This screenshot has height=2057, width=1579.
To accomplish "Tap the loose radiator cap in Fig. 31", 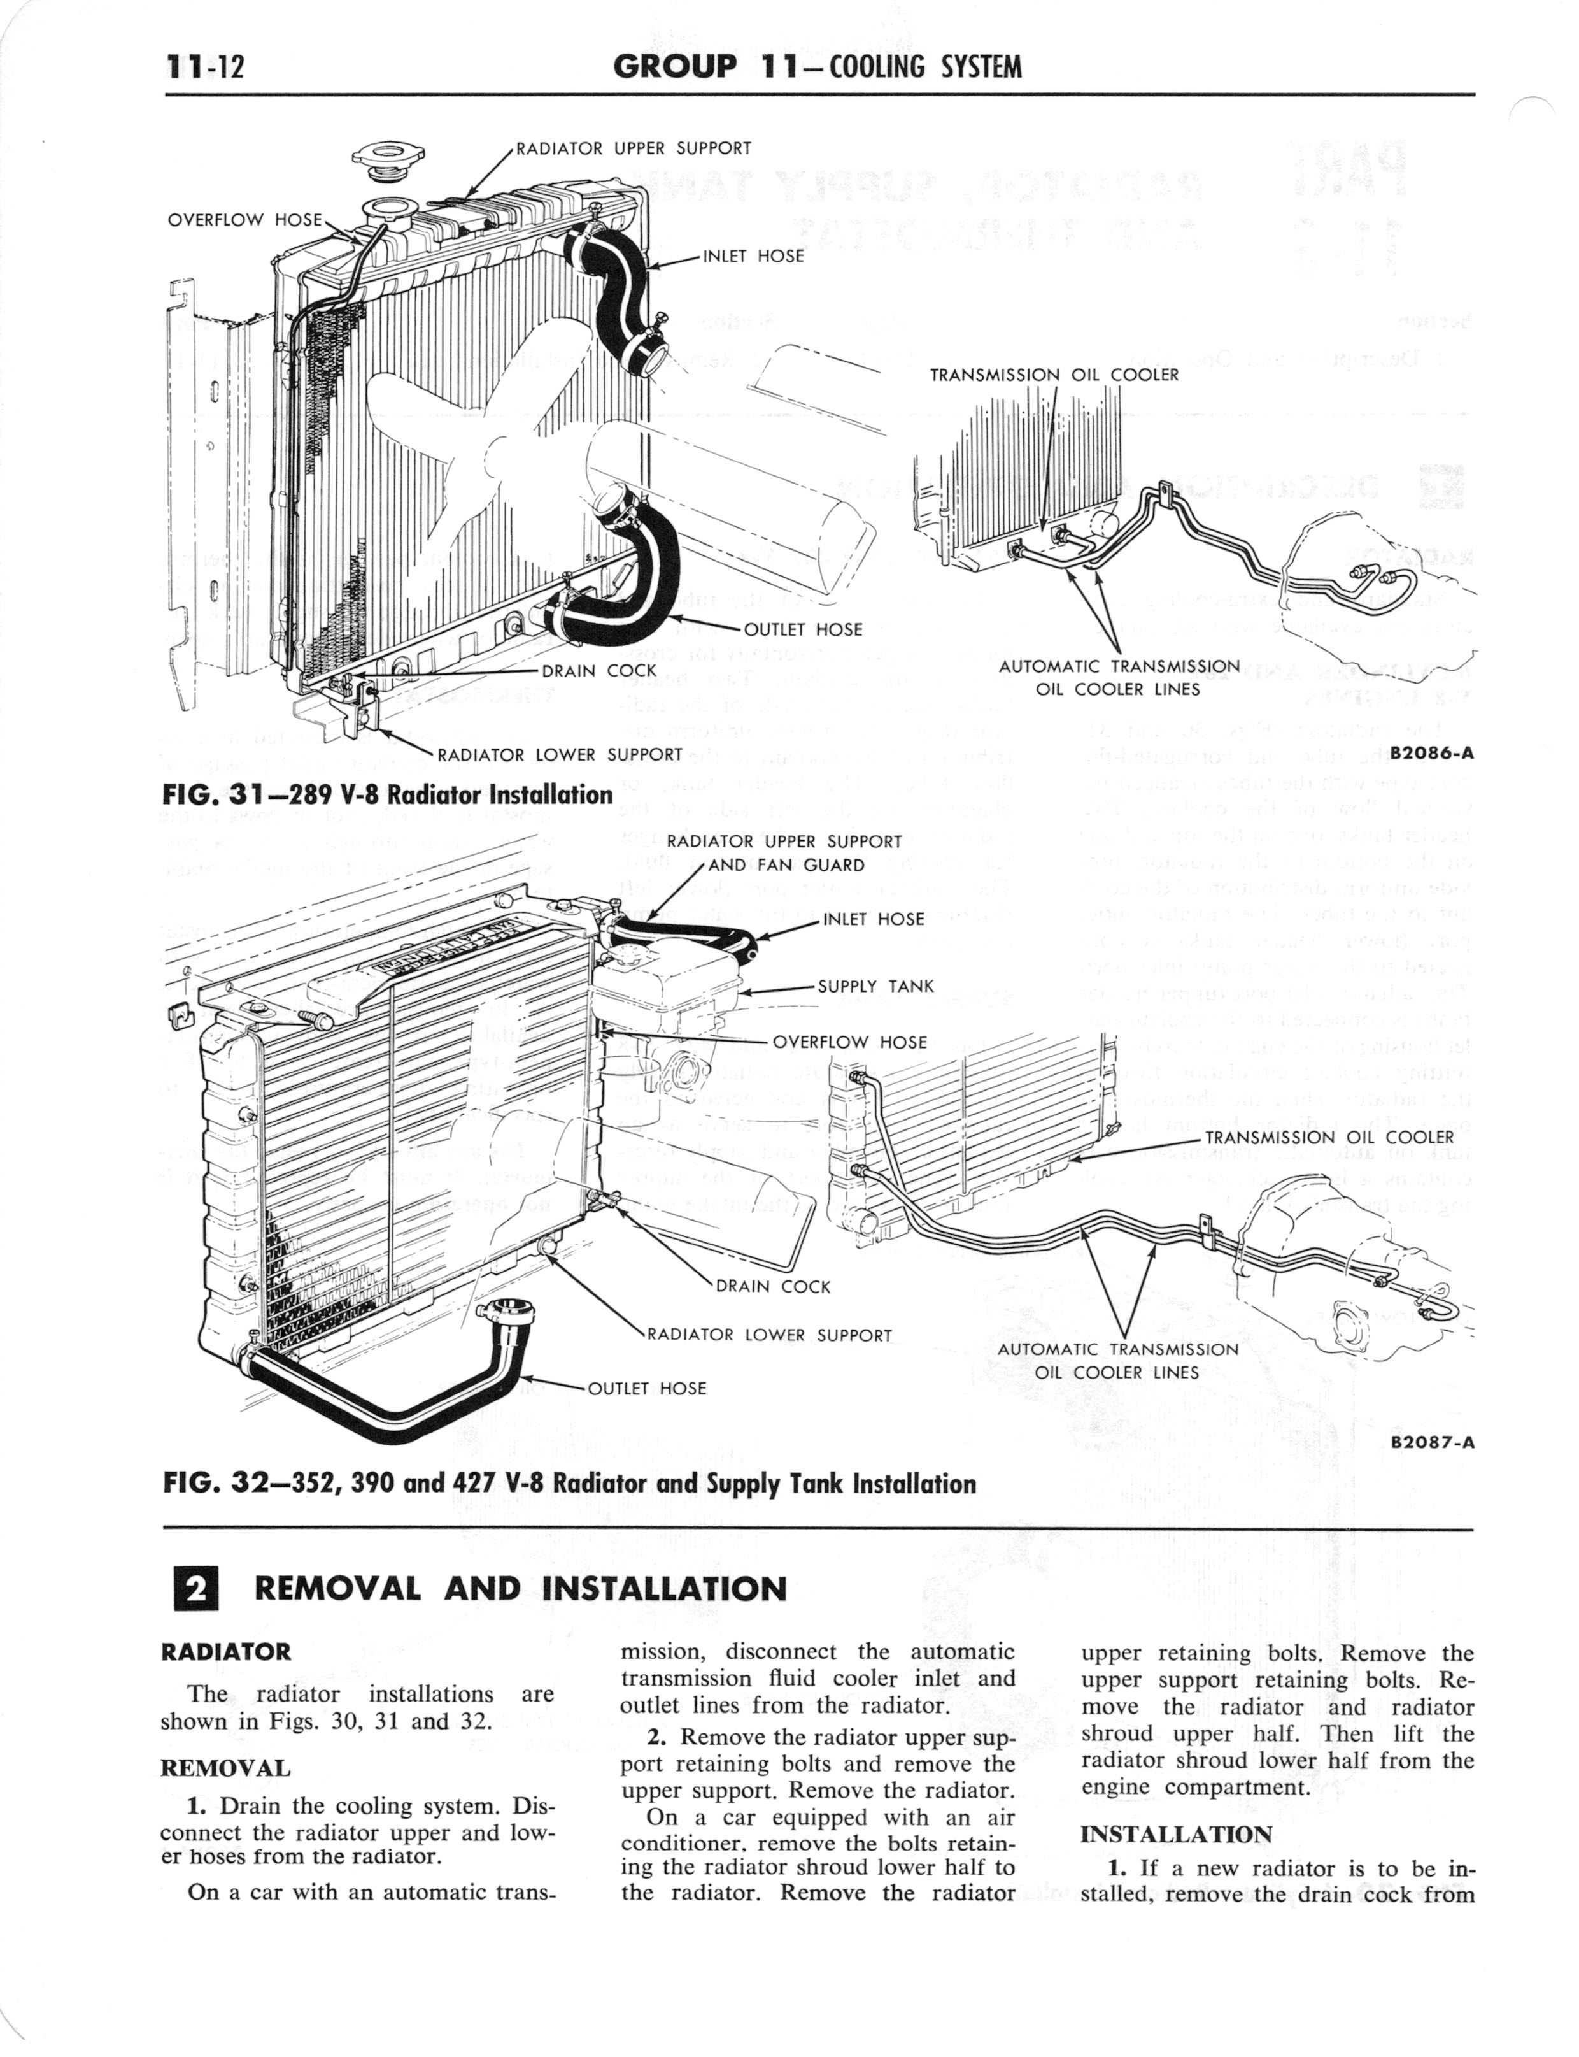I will pyautogui.click(x=387, y=160).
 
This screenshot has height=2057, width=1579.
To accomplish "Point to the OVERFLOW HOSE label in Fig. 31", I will pyautogui.click(x=244, y=220).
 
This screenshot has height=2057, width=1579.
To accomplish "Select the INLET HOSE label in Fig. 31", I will pyautogui.click(x=753, y=255).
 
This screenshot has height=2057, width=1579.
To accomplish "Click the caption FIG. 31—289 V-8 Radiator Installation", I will pyautogui.click(x=386, y=796).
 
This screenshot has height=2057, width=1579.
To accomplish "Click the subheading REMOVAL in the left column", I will pyautogui.click(x=225, y=1767).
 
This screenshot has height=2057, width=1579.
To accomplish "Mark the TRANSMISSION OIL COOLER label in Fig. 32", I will pyautogui.click(x=1329, y=1138).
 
